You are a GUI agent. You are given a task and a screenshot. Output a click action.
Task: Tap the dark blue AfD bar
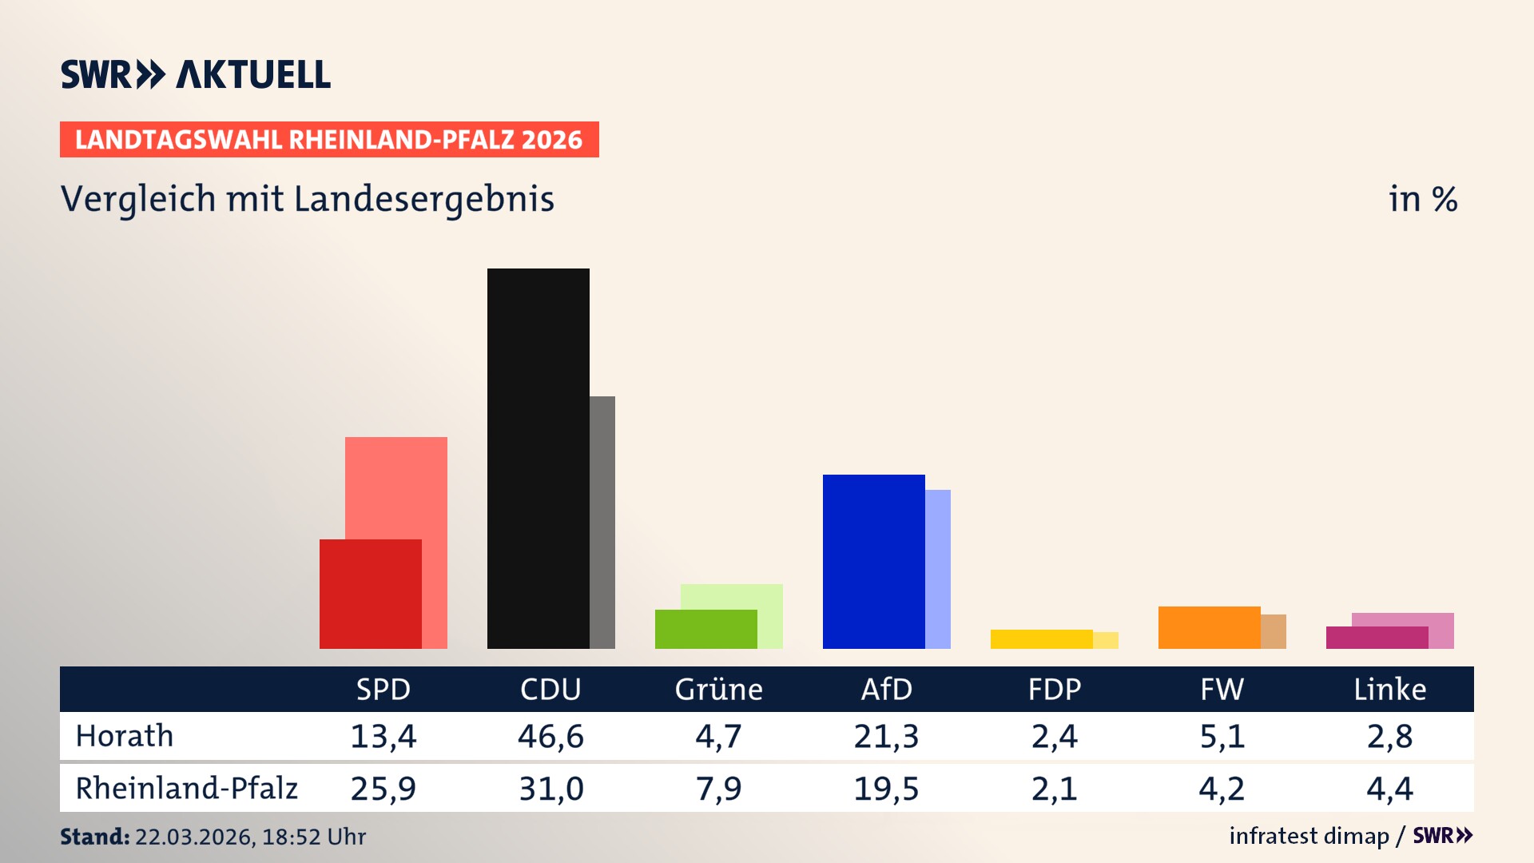point(873,561)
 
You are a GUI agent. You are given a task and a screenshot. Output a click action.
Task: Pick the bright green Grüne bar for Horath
point(705,629)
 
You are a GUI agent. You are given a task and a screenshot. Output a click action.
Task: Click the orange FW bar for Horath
point(1209,627)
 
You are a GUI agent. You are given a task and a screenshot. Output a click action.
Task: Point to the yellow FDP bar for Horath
point(1041,639)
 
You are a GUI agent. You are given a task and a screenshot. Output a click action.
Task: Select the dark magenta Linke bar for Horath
point(1377,638)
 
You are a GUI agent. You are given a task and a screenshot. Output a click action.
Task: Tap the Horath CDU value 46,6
point(550,736)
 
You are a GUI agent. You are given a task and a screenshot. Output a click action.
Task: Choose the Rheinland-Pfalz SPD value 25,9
point(383,789)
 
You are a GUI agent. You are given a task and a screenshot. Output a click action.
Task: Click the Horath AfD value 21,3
point(886,736)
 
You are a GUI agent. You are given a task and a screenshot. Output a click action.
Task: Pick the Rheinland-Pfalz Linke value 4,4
point(1389,789)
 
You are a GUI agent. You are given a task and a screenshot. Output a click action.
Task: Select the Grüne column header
point(718,689)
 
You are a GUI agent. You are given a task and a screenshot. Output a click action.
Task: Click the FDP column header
point(1054,689)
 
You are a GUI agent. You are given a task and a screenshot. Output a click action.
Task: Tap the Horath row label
point(125,736)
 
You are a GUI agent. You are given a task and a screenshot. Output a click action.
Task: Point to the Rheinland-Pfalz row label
point(186,789)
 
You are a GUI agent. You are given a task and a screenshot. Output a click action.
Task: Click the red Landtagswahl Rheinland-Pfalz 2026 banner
point(329,140)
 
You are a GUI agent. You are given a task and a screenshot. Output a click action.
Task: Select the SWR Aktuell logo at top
point(196,74)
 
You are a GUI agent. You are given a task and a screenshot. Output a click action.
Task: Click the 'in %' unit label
point(1422,200)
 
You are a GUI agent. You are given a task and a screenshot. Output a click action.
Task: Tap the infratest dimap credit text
point(1309,836)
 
